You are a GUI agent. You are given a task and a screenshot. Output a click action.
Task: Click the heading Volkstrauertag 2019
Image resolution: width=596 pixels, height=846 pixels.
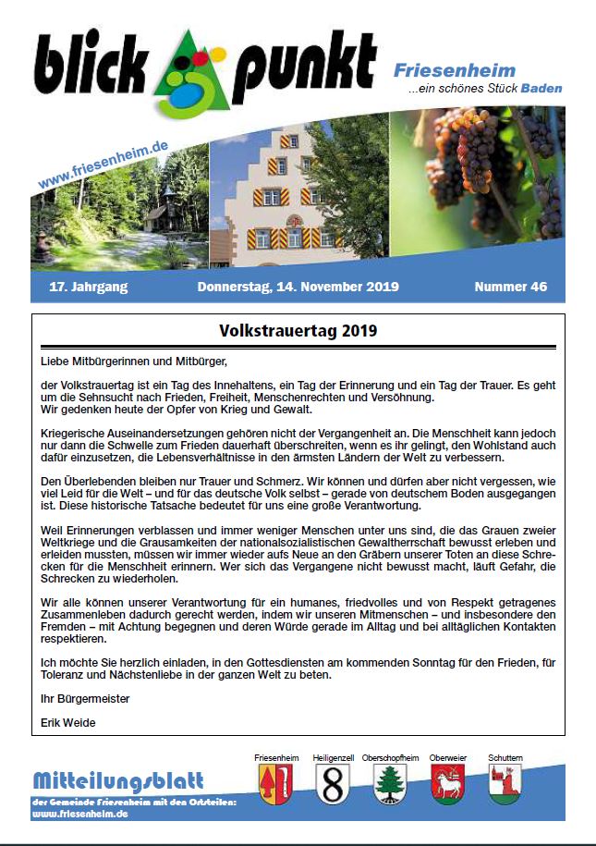pyautogui.click(x=298, y=330)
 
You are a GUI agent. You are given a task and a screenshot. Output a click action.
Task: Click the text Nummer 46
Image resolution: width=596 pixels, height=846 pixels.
pyautogui.click(x=510, y=287)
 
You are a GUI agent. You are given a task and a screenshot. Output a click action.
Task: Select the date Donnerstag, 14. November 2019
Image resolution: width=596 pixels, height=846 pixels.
pyautogui.click(x=298, y=287)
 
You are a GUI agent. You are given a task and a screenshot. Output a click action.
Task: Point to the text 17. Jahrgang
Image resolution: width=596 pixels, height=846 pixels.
pyautogui.click(x=89, y=287)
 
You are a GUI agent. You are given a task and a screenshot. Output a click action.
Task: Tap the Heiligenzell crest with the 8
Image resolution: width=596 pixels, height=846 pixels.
pyautogui.click(x=332, y=784)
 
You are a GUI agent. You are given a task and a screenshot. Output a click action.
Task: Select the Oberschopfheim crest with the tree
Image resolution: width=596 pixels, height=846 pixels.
pyautogui.click(x=390, y=784)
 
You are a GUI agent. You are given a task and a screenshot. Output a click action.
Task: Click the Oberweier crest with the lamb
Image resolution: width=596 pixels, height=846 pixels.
pyautogui.click(x=447, y=784)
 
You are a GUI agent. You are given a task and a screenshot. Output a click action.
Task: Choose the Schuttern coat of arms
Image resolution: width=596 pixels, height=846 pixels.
pyautogui.click(x=505, y=784)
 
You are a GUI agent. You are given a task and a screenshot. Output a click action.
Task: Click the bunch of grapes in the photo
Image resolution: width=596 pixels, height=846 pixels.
pyautogui.click(x=471, y=166)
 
